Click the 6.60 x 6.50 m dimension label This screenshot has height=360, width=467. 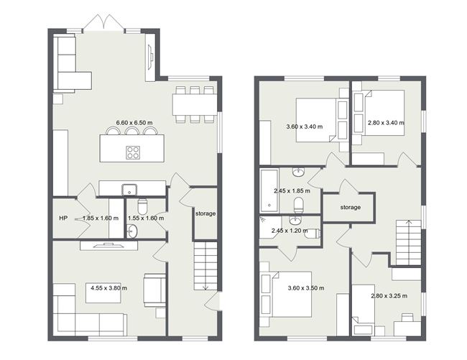[x=134, y=123]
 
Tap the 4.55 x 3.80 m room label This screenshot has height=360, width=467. [x=108, y=288]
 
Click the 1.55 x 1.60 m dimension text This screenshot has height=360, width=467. [x=144, y=218]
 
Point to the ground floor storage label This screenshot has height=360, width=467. [x=205, y=213]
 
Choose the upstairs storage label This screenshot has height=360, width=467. [x=350, y=208]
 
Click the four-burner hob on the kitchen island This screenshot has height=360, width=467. [x=134, y=152]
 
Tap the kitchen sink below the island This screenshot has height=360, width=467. [x=130, y=190]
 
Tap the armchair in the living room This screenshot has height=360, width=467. [x=154, y=290]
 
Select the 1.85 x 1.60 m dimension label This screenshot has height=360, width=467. [x=101, y=218]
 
